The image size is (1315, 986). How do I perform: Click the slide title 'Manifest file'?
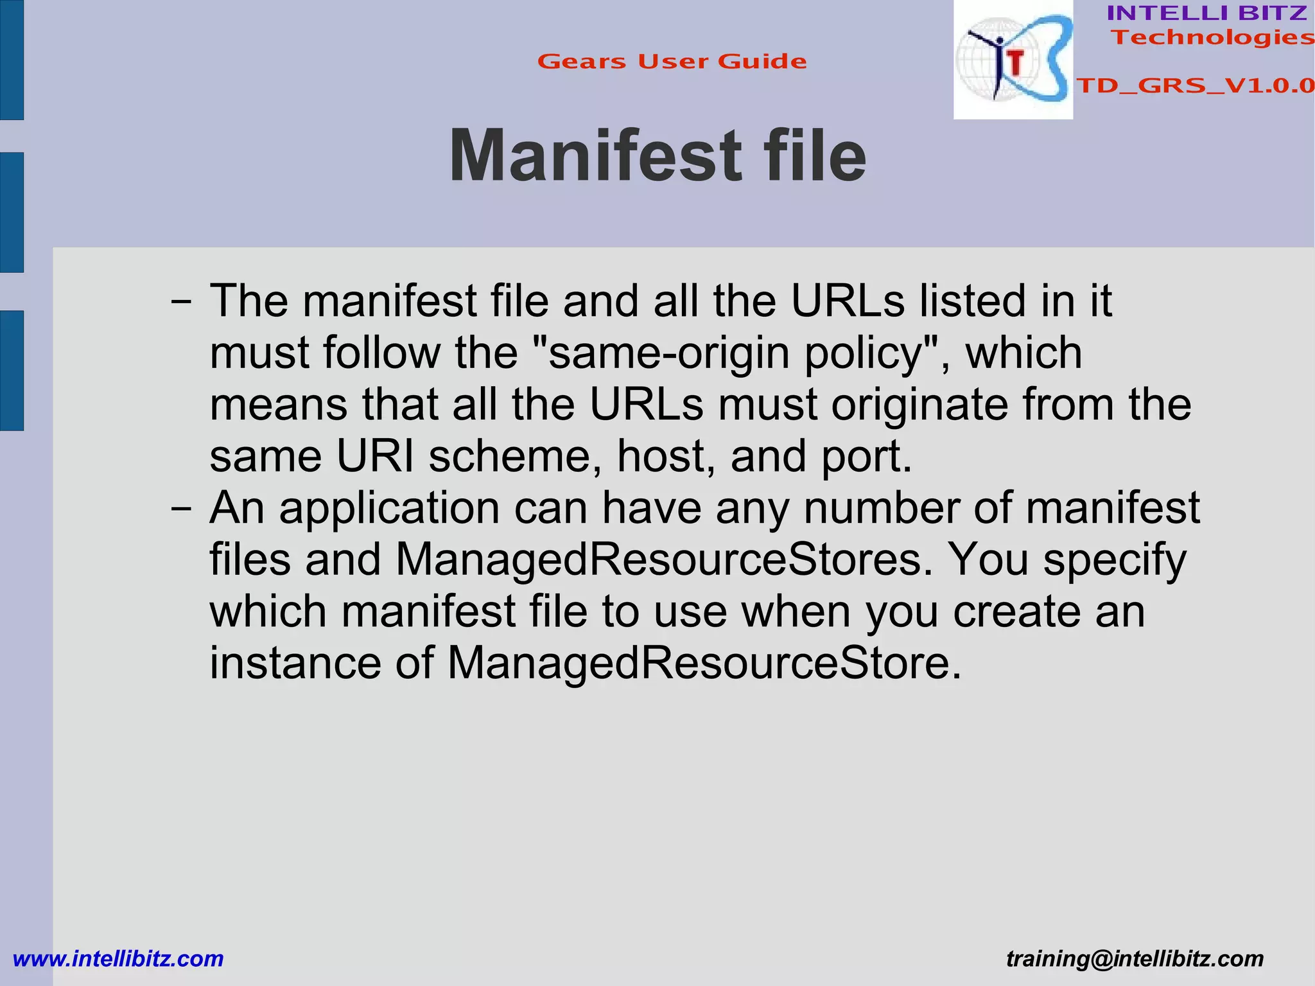click(657, 156)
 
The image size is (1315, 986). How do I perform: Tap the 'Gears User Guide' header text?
click(672, 62)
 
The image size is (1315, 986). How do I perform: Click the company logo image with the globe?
click(1013, 60)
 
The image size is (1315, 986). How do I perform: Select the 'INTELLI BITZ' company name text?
click(1207, 13)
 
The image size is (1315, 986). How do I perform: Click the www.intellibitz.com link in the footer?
click(118, 959)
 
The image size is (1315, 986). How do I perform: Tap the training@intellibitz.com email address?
click(1135, 959)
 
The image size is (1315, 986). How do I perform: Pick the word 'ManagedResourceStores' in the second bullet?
click(664, 559)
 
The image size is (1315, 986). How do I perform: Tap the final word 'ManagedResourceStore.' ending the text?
click(704, 663)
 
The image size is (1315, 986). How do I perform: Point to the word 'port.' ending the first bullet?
click(867, 456)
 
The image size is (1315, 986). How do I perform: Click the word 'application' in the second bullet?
click(389, 509)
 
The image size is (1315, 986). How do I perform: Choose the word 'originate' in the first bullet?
click(919, 405)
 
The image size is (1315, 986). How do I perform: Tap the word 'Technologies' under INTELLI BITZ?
click(1212, 37)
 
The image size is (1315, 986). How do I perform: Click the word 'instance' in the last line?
click(295, 663)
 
